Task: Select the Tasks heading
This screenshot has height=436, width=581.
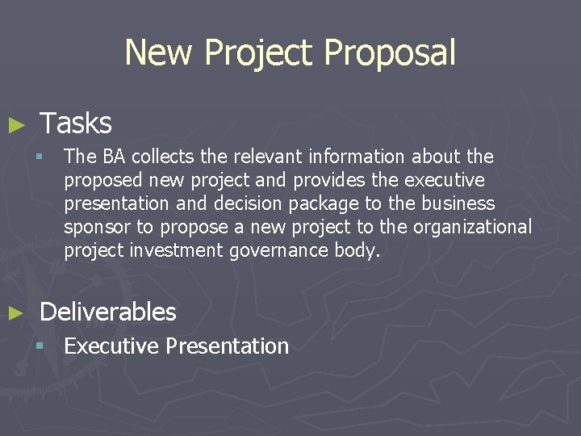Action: click(x=76, y=124)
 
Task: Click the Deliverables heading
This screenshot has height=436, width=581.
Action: click(x=107, y=312)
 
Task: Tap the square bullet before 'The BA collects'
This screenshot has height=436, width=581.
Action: click(x=48, y=156)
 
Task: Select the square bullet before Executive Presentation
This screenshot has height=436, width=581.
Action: click(x=48, y=346)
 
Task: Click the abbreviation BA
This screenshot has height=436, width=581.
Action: click(x=115, y=156)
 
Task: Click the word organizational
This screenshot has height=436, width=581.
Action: click(x=472, y=228)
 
